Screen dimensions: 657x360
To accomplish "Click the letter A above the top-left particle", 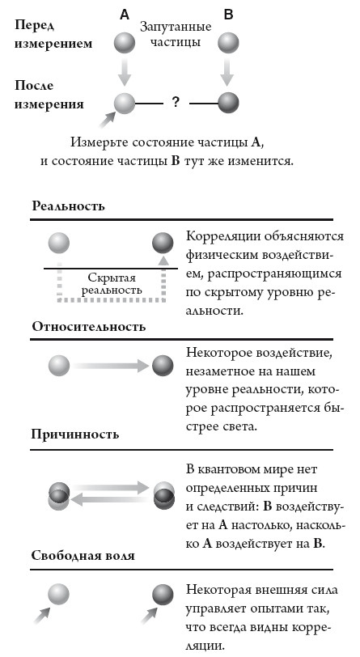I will pyautogui.click(x=124, y=14).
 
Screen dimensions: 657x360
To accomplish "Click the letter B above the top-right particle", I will pyautogui.click(x=228, y=14).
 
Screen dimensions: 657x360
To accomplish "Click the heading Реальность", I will pyautogui.click(x=69, y=206).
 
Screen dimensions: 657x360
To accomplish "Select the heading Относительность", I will pyautogui.click(x=89, y=326).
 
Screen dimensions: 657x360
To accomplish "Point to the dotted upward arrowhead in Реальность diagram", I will pyautogui.click(x=164, y=262).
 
